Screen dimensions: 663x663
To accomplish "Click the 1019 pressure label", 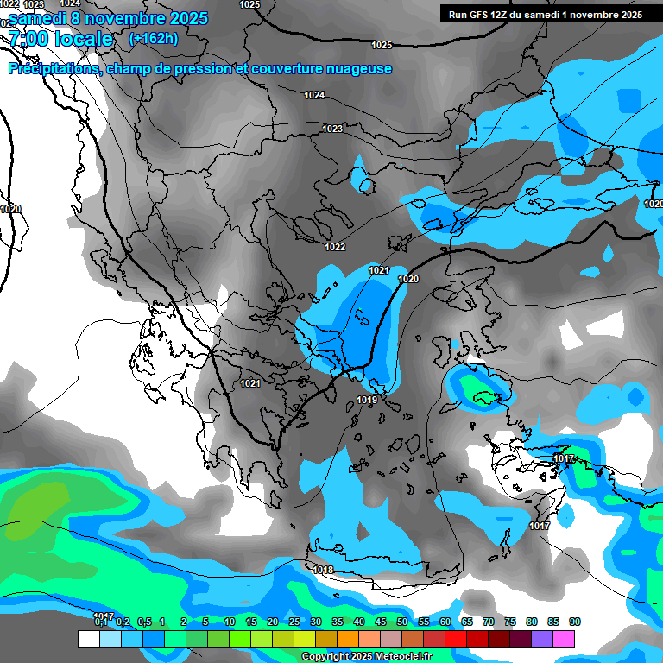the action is (367, 400).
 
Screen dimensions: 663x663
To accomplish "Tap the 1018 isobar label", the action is (323, 570).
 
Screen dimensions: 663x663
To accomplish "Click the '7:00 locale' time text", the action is (60, 39).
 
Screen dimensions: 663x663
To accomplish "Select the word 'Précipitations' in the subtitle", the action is (53, 69).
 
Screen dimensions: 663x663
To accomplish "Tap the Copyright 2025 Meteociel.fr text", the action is (367, 657).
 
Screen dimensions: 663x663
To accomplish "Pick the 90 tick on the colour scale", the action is (575, 622).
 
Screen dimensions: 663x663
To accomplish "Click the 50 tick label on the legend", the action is (402, 622).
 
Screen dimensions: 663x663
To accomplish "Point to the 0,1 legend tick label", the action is (101, 622).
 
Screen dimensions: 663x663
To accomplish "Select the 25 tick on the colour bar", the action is (294, 622).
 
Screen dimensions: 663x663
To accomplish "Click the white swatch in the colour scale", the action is (88, 639).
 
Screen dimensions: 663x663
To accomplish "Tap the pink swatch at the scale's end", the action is (564, 639).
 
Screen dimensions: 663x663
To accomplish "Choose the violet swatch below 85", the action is (542, 639).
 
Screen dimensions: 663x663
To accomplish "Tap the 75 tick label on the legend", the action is (510, 622).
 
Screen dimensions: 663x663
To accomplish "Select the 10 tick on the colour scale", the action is (230, 622).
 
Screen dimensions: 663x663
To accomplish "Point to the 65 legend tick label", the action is (467, 622).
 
